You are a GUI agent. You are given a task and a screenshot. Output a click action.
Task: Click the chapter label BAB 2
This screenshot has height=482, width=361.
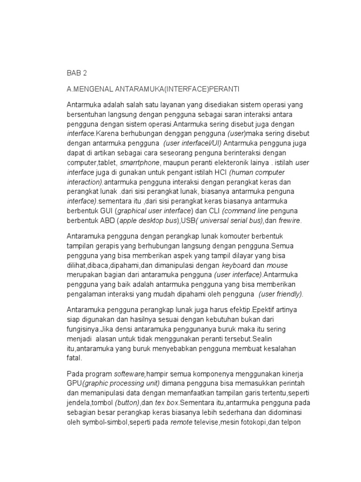pos(77,73)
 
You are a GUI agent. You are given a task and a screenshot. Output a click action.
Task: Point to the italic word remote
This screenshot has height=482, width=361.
pos(181,423)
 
